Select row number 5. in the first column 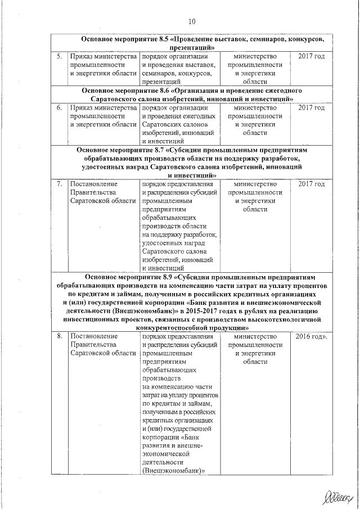click(x=58, y=57)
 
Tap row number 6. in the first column click(x=58, y=107)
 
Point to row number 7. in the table click(x=58, y=184)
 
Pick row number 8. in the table click(x=58, y=336)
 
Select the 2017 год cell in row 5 click(x=311, y=57)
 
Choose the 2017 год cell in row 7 click(x=311, y=184)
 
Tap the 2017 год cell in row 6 click(x=311, y=107)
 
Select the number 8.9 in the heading click(x=169, y=277)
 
